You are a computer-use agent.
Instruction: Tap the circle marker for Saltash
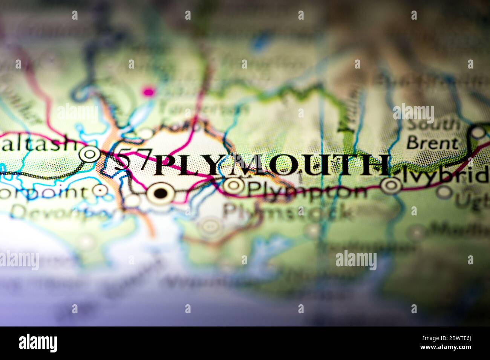point(90,154)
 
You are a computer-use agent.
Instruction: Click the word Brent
point(432,143)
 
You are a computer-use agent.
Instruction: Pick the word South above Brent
point(433,125)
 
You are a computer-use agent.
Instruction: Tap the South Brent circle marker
point(478,132)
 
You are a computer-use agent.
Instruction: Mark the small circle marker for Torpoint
point(100,191)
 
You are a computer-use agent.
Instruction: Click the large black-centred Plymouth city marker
point(161,194)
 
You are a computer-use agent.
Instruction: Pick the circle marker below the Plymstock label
point(210,226)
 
